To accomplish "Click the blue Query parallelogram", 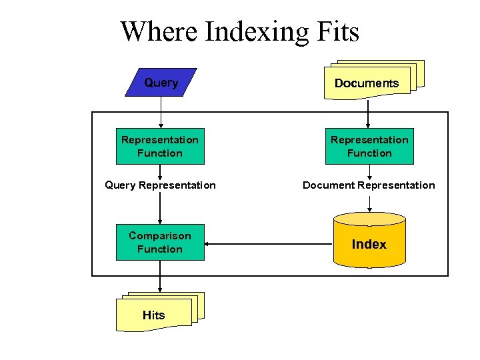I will coord(161,83).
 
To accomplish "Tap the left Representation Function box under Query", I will coord(160,146).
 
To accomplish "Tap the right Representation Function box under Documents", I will coord(369,146).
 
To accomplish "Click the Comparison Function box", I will coord(160,242).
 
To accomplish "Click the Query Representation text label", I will coord(160,185).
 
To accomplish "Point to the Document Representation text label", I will coord(369,185).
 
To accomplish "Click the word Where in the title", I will coord(159,31).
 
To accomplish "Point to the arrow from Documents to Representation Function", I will coord(369,113).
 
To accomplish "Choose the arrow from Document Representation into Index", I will coord(369,203).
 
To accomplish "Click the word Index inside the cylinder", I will coord(369,244).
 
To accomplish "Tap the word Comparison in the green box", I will coord(160,235).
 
